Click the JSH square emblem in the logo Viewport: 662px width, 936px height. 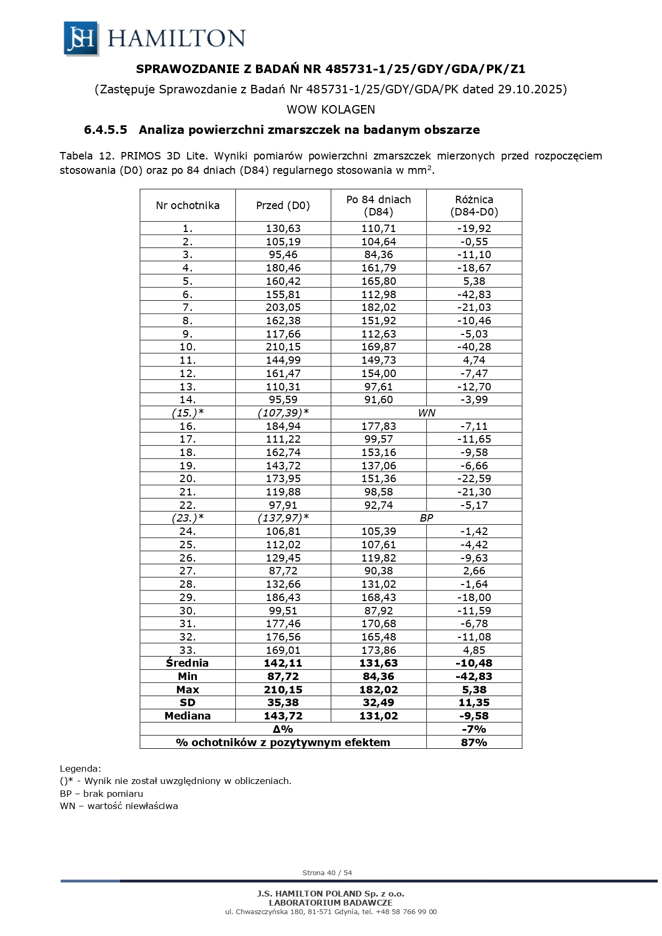pos(81,38)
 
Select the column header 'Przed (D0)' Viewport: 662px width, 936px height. pos(283,205)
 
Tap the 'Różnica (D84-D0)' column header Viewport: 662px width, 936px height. pos(474,205)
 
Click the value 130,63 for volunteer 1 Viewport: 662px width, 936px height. pos(283,228)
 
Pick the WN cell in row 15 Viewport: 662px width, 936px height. pos(426,413)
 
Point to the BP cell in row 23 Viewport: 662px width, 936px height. pos(426,518)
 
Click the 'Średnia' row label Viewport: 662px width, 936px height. pos(187,663)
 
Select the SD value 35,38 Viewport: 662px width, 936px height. pos(283,702)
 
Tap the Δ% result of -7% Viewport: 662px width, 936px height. pos(474,729)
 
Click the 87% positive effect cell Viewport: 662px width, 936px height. pos(474,742)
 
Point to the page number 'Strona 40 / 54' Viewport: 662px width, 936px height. pos(327,873)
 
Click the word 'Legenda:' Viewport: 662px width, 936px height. pos(80,769)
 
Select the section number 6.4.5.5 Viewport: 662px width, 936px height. pos(106,130)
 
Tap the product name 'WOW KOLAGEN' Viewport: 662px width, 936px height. pos(331,109)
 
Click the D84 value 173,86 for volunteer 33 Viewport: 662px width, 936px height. pos(378,650)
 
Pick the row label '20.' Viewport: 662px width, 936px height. pos(187,478)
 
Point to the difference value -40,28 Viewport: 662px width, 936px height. pos(474,347)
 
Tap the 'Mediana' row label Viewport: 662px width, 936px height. pos(187,716)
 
